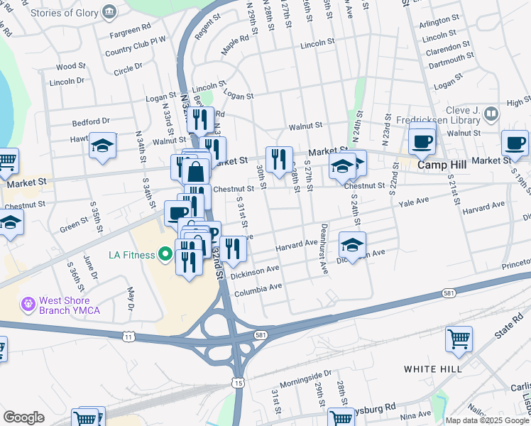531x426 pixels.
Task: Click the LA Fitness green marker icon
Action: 166,253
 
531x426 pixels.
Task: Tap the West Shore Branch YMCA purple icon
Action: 28,304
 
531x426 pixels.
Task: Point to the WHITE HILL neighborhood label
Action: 433,369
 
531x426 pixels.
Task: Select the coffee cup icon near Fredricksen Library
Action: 422,139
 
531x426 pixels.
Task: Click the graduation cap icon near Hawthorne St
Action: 103,147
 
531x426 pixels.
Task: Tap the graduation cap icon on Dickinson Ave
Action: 352,246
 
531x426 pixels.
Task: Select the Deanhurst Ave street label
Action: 323,257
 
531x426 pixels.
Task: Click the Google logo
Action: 23,417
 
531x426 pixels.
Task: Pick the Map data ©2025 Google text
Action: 487,420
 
